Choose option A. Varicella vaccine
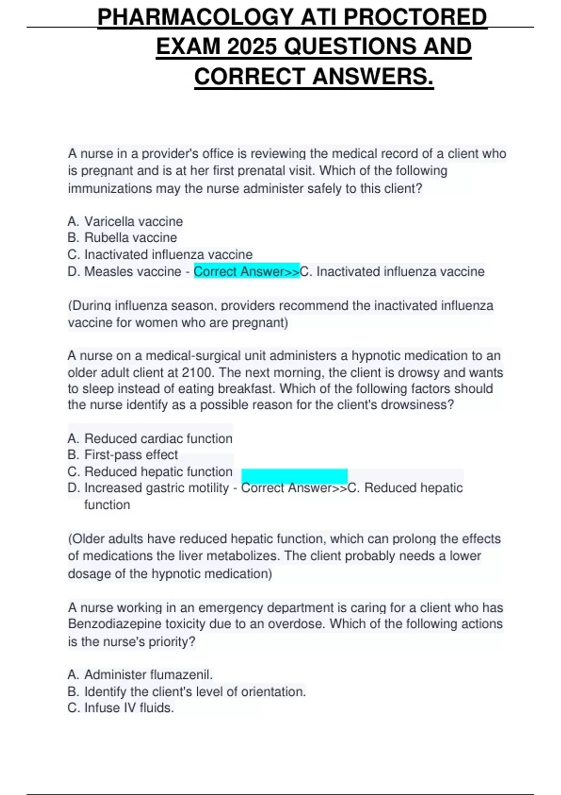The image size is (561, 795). [x=125, y=221]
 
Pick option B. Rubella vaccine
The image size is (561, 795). [x=122, y=238]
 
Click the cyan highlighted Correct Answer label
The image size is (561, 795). [x=246, y=271]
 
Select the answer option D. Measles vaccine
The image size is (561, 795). [x=124, y=271]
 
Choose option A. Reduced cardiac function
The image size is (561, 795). [x=150, y=439]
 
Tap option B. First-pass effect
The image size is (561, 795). [x=122, y=455]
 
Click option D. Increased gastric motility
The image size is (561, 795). [x=148, y=488]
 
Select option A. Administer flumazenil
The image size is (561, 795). [x=140, y=674]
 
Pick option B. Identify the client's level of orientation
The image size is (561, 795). [x=187, y=691]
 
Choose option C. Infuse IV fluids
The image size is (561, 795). [x=121, y=708]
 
